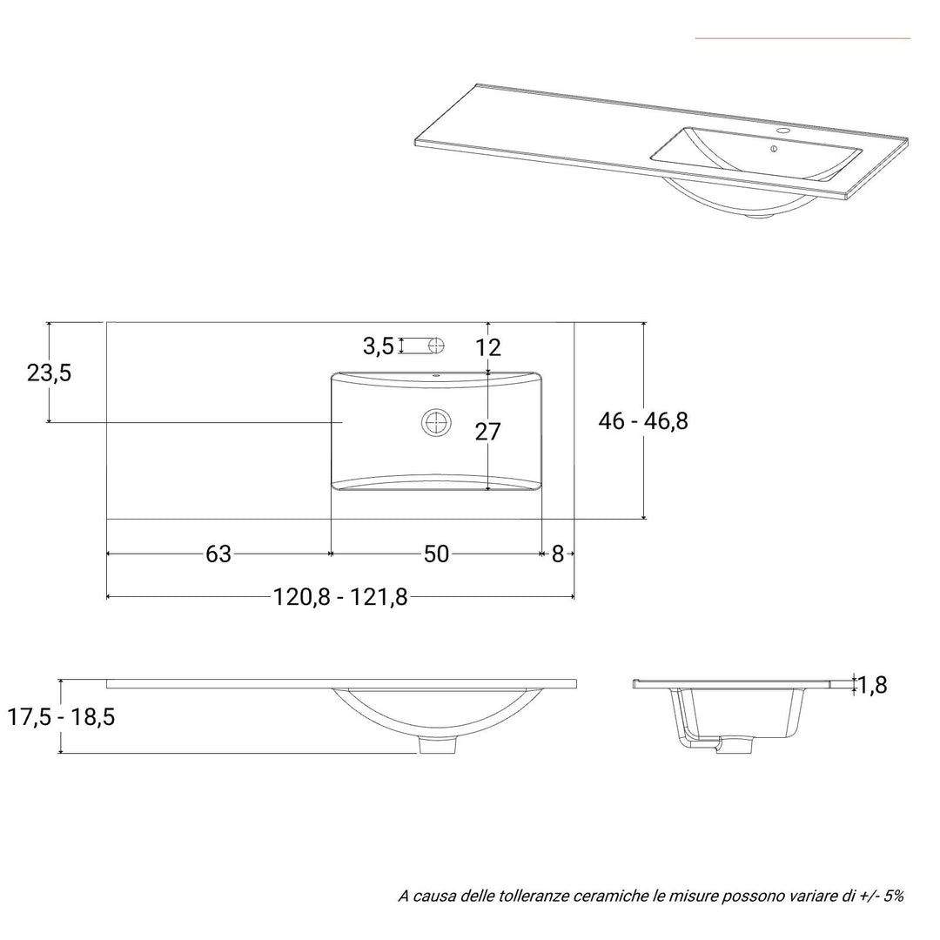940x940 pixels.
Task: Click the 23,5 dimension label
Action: pyautogui.click(x=49, y=373)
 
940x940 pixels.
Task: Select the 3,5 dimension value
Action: pyautogui.click(x=379, y=346)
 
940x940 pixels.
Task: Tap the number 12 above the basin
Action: pyautogui.click(x=488, y=347)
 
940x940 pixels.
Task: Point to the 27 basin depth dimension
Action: pyautogui.click(x=487, y=432)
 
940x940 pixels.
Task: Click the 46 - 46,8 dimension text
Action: pyautogui.click(x=643, y=421)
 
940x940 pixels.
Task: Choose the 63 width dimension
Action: pyautogui.click(x=218, y=554)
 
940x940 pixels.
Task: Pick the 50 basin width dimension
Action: pyautogui.click(x=436, y=554)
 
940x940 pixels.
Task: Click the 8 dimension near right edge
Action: pyautogui.click(x=558, y=554)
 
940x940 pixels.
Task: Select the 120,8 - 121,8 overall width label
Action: pyautogui.click(x=340, y=597)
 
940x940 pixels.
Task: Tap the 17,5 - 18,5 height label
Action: pyautogui.click(x=61, y=716)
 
